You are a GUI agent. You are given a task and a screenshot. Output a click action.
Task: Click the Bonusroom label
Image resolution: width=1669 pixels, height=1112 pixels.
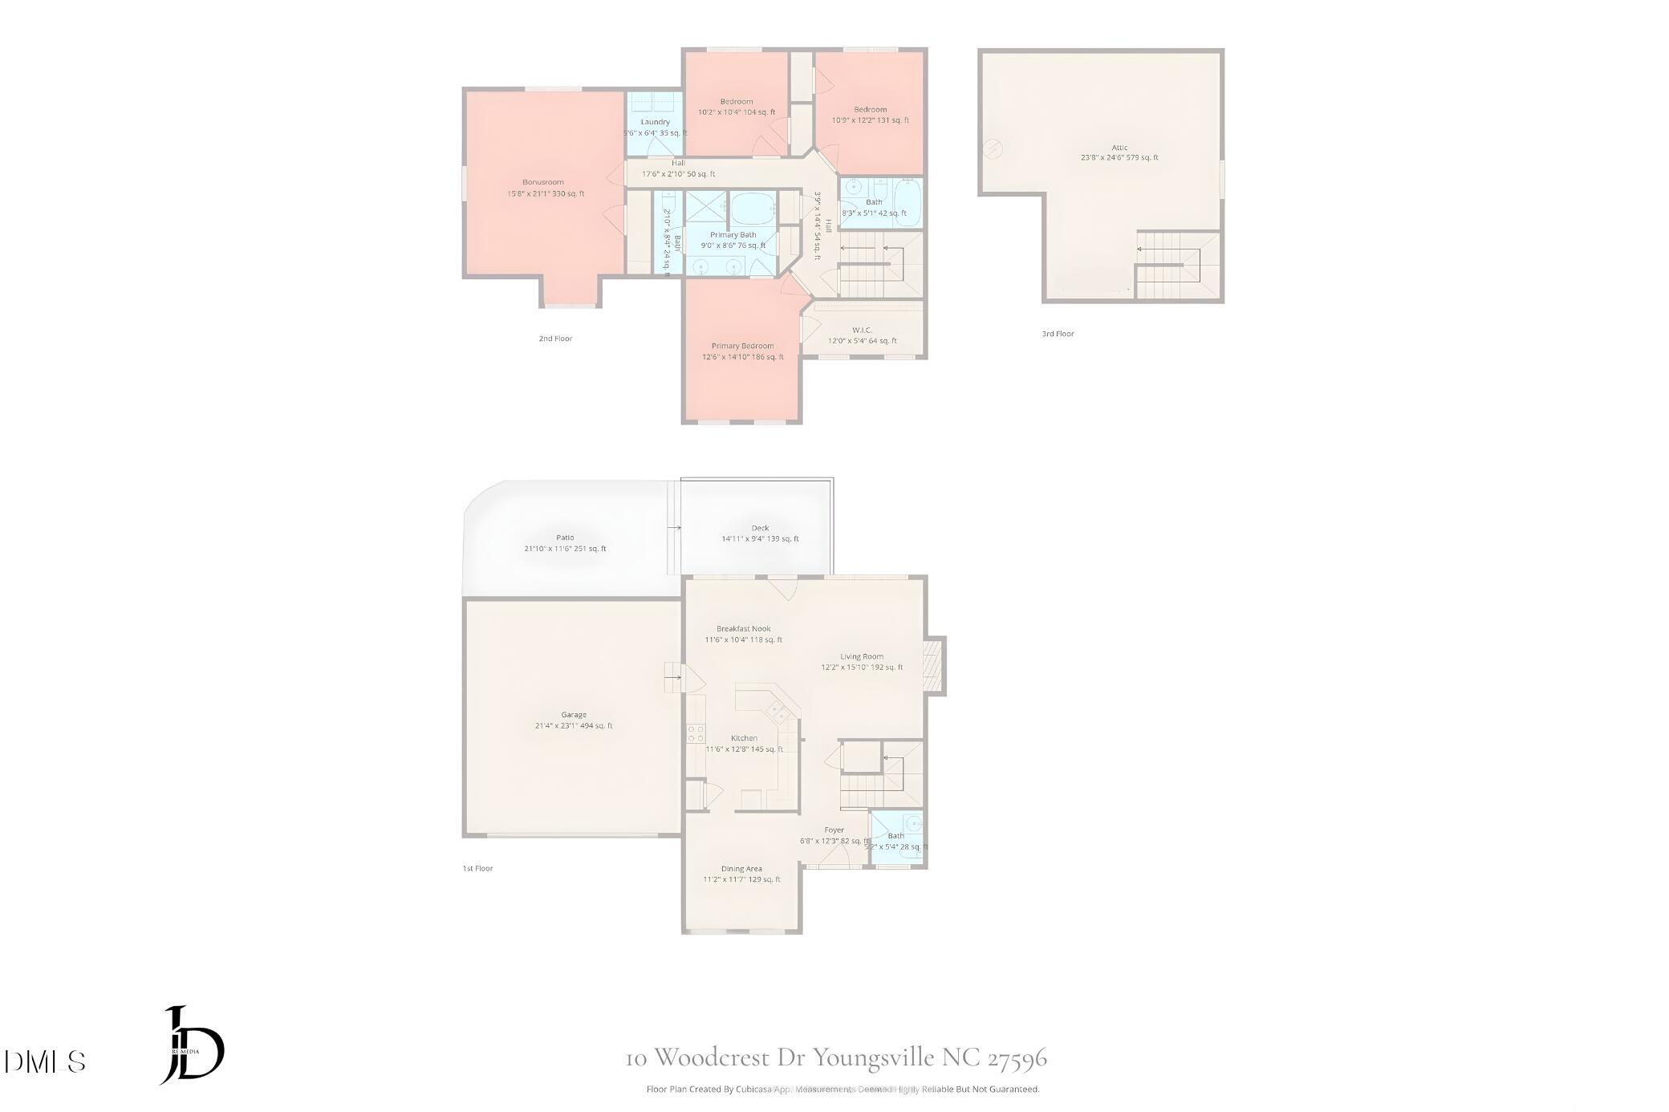pyautogui.click(x=543, y=182)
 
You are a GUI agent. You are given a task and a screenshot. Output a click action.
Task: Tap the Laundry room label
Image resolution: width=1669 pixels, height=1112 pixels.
pyautogui.click(x=655, y=122)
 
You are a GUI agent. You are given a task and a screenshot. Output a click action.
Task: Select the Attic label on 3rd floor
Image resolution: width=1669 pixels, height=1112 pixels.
pyautogui.click(x=1119, y=148)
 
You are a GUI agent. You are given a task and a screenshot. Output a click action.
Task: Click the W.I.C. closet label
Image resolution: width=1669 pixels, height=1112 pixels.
pyautogui.click(x=862, y=330)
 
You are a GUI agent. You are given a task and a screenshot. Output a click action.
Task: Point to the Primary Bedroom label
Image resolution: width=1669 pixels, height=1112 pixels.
pyautogui.click(x=742, y=346)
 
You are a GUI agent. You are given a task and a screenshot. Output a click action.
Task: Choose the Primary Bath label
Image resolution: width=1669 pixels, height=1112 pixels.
pyautogui.click(x=733, y=235)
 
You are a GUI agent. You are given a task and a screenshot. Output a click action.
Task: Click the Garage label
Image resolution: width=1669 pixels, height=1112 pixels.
pyautogui.click(x=574, y=714)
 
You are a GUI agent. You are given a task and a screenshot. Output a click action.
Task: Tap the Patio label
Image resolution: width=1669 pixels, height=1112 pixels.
pyautogui.click(x=565, y=538)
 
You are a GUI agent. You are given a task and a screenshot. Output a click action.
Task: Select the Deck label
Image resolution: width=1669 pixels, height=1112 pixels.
pyautogui.click(x=760, y=528)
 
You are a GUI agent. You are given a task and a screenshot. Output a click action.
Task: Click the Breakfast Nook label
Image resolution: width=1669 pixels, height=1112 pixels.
pyautogui.click(x=743, y=629)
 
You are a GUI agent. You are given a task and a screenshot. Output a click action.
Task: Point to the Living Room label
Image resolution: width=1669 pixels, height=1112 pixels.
pyautogui.click(x=862, y=656)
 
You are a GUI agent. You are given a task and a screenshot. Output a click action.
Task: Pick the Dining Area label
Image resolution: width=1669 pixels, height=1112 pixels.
pyautogui.click(x=741, y=868)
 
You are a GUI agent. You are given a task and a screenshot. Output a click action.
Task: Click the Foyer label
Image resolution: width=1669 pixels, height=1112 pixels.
pyautogui.click(x=834, y=830)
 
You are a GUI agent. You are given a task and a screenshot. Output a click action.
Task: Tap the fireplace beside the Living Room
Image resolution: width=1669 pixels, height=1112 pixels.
pyautogui.click(x=934, y=665)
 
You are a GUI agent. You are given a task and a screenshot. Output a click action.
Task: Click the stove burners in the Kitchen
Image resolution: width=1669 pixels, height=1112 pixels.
pyautogui.click(x=695, y=733)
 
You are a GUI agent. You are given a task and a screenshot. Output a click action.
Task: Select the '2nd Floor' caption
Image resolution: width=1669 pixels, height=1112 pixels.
pyautogui.click(x=555, y=339)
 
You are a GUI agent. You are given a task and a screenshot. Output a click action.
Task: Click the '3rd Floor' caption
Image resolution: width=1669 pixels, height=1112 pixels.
pyautogui.click(x=1058, y=334)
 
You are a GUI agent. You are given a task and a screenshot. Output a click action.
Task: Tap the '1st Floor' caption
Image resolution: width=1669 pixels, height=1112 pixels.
pyautogui.click(x=477, y=868)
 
